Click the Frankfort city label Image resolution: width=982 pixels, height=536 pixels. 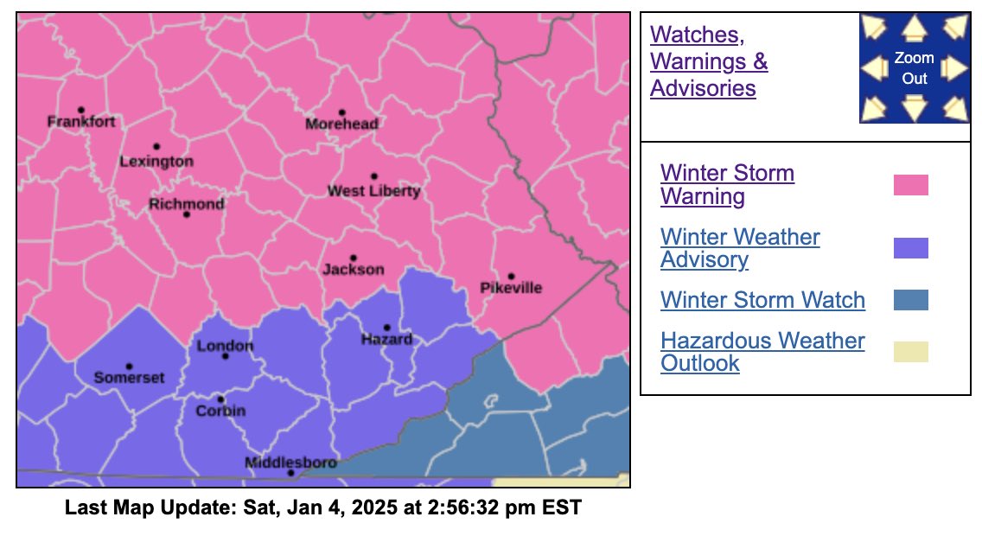[80, 122]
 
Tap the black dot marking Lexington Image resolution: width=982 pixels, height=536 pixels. [156, 147]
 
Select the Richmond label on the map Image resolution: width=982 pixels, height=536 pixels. [186, 204]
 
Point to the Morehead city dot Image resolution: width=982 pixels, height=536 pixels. [341, 112]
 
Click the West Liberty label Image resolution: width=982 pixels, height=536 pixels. [373, 191]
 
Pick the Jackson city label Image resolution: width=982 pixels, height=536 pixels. [353, 270]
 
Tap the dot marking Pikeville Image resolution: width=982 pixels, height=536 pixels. [511, 277]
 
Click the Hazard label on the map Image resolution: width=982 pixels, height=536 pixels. [386, 340]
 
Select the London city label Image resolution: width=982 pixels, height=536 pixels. [225, 347]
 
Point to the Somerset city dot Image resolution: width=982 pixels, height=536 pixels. [129, 367]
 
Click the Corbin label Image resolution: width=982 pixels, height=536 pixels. [220, 411]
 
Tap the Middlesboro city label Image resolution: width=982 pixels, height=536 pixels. [290, 463]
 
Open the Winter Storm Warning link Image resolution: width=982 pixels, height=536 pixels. [726, 185]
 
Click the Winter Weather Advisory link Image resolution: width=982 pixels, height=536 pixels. [739, 248]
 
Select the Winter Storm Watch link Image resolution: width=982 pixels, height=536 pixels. [762, 300]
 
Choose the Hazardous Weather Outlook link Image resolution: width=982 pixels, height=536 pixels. [762, 351]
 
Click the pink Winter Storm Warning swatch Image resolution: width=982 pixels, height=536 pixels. [910, 185]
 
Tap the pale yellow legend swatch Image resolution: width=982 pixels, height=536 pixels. [910, 351]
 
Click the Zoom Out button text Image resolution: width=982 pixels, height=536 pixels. [914, 68]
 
